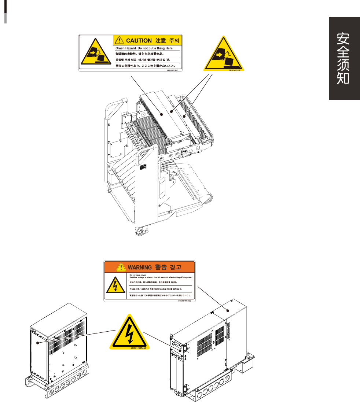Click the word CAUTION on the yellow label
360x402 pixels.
[139, 40]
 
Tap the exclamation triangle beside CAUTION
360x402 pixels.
[119, 40]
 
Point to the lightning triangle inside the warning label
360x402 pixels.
[115, 285]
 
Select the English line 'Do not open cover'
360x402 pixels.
[136, 274]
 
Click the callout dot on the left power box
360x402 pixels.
[37, 343]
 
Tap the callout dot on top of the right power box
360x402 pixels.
[228, 310]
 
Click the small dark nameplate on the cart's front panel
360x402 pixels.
[143, 166]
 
